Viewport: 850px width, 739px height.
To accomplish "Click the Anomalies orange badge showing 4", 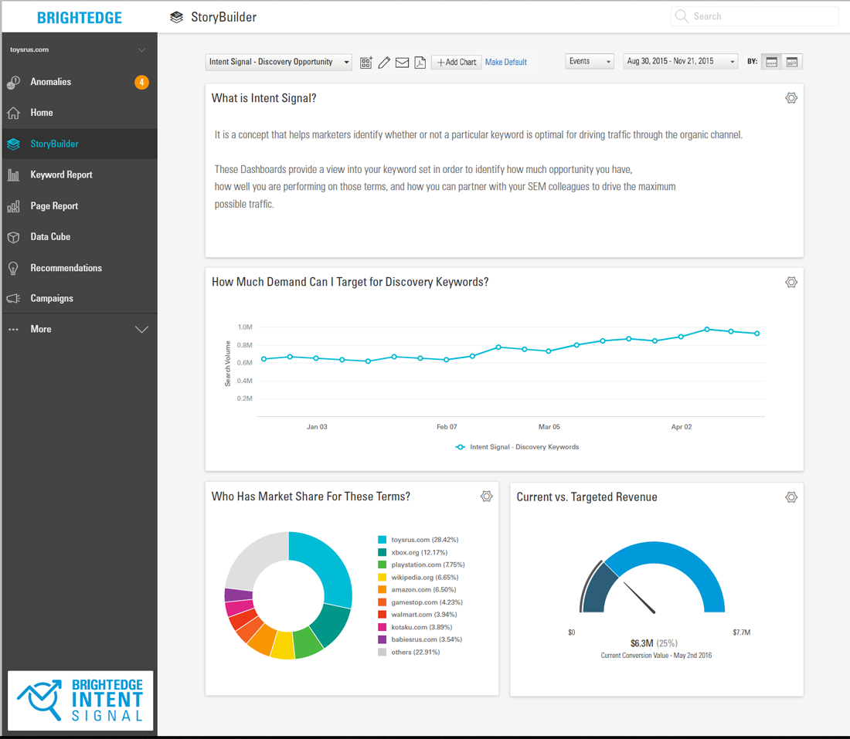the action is (141, 83).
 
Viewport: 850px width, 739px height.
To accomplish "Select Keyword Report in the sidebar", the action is (61, 175).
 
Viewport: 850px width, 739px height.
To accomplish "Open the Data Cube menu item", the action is (50, 237).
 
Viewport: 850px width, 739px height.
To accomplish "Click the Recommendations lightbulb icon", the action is (14, 268).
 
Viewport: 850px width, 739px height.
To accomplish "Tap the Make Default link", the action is (506, 63).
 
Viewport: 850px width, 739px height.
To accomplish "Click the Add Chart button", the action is (457, 63).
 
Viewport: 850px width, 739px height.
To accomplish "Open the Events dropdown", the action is (590, 61).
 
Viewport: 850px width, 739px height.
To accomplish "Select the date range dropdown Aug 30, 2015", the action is (680, 61).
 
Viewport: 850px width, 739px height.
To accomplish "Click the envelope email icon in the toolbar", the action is (403, 63).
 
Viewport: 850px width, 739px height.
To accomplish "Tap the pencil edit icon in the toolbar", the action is (384, 63).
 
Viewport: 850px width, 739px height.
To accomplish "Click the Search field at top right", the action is (755, 16).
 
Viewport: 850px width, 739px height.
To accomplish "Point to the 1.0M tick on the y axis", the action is (244, 327).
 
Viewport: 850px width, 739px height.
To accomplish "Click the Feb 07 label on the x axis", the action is (447, 427).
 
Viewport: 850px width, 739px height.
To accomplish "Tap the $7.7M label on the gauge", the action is (742, 632).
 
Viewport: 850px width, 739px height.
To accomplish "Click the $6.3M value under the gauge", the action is (642, 643).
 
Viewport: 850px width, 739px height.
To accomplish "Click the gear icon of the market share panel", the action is (487, 497).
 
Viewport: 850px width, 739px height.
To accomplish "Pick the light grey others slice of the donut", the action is (255, 558).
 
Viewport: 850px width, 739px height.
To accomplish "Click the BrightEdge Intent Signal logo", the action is (80, 700).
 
